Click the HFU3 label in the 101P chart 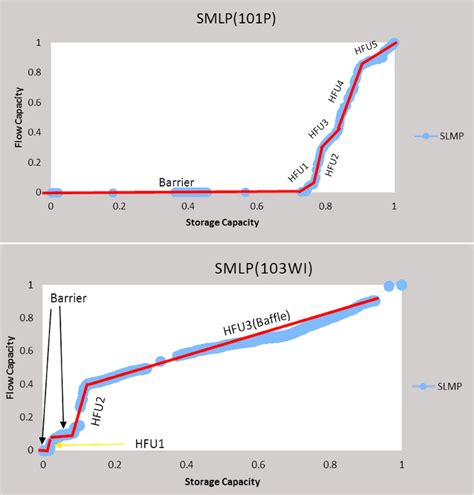pos(318,129)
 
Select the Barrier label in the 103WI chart pos(66,297)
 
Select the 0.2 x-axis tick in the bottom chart pos(114,464)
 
